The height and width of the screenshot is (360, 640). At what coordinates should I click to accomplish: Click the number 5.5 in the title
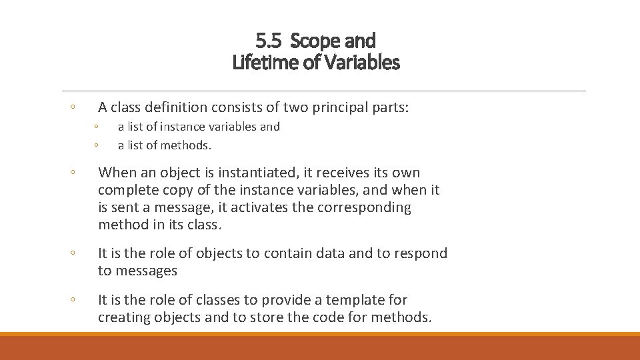[268, 41]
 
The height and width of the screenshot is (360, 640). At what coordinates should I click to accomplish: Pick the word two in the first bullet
[294, 107]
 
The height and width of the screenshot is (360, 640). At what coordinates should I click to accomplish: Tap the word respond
[420, 253]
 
